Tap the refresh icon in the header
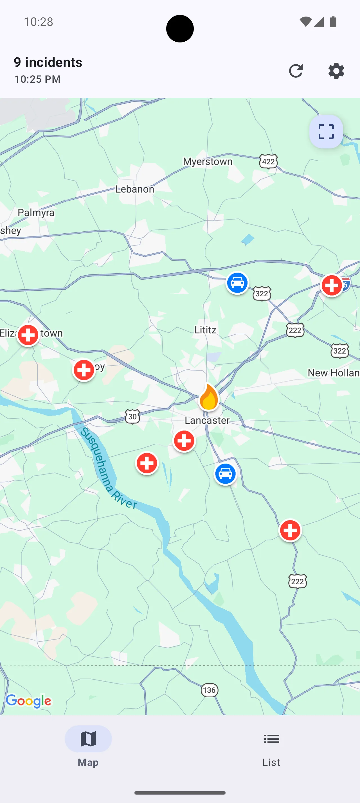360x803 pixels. pos(296,71)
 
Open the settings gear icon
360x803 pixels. pos(336,71)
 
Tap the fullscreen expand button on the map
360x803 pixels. pos(326,132)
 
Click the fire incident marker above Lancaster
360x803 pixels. pos(208,398)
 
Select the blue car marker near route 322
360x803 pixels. pos(237,283)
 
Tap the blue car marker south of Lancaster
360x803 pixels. pos(225,474)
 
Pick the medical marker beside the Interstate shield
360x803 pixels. pos(332,285)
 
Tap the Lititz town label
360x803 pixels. pos(205,330)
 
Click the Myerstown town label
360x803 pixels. pos(208,161)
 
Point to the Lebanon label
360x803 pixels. pos(135,189)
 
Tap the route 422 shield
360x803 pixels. pos(268,161)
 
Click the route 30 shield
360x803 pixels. pos(132,416)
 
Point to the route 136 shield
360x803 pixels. pos(209,690)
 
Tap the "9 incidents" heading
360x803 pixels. pos(48,62)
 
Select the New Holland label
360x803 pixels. pos(334,373)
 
